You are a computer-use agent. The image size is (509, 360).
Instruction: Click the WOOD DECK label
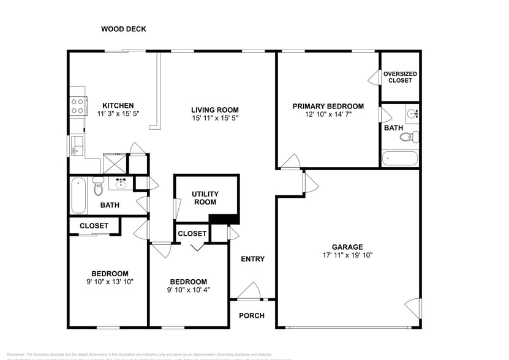(123, 29)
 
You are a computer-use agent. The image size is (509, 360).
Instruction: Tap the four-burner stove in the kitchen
(77, 107)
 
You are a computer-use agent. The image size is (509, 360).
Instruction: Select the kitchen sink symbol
(76, 145)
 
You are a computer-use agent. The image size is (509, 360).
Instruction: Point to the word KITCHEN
(118, 105)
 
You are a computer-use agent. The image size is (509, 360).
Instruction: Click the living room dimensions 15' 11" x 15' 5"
(214, 118)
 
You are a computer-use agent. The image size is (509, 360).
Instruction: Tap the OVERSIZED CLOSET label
(400, 77)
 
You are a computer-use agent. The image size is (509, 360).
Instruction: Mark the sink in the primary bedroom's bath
(412, 113)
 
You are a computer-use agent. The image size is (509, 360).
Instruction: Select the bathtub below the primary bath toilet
(399, 159)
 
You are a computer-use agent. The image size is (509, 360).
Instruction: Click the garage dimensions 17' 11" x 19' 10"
(347, 255)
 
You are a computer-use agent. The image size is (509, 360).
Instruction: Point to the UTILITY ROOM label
(205, 198)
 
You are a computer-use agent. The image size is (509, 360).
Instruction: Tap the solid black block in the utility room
(224, 219)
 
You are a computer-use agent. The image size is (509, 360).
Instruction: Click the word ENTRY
(252, 259)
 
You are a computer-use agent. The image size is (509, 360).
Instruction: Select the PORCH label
(251, 315)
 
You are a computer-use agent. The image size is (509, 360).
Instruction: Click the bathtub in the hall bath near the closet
(78, 195)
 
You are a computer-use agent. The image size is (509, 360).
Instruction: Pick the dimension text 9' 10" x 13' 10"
(110, 282)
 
